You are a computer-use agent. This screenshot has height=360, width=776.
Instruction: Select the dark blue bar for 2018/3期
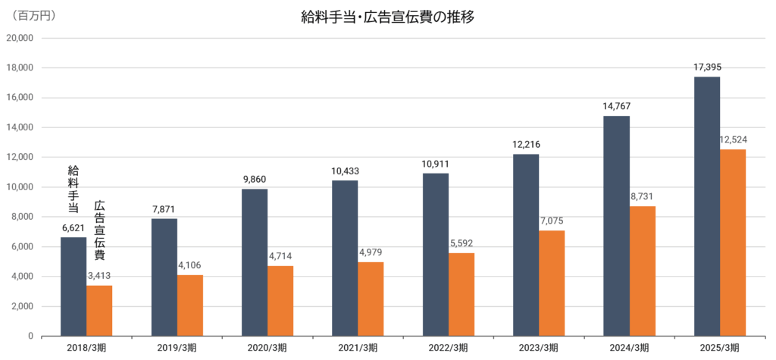point(74,286)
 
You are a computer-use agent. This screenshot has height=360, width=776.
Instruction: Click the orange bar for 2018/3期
point(99,311)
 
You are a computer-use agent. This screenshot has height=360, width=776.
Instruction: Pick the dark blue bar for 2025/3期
point(707,206)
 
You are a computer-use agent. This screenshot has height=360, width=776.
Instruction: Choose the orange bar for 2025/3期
point(733,243)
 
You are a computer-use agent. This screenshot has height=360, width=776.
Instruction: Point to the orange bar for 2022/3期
point(462,294)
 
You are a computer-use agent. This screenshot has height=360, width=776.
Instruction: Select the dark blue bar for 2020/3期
point(255,262)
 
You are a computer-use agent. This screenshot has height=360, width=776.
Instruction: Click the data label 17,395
point(707,68)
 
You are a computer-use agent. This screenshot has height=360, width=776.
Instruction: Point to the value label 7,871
point(164,209)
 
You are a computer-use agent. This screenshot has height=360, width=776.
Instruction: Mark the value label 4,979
point(371,252)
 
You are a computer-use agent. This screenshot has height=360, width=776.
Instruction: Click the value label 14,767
point(616,107)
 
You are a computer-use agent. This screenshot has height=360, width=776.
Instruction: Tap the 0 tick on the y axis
point(31,336)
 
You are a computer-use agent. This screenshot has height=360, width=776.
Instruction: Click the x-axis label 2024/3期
point(628,348)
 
